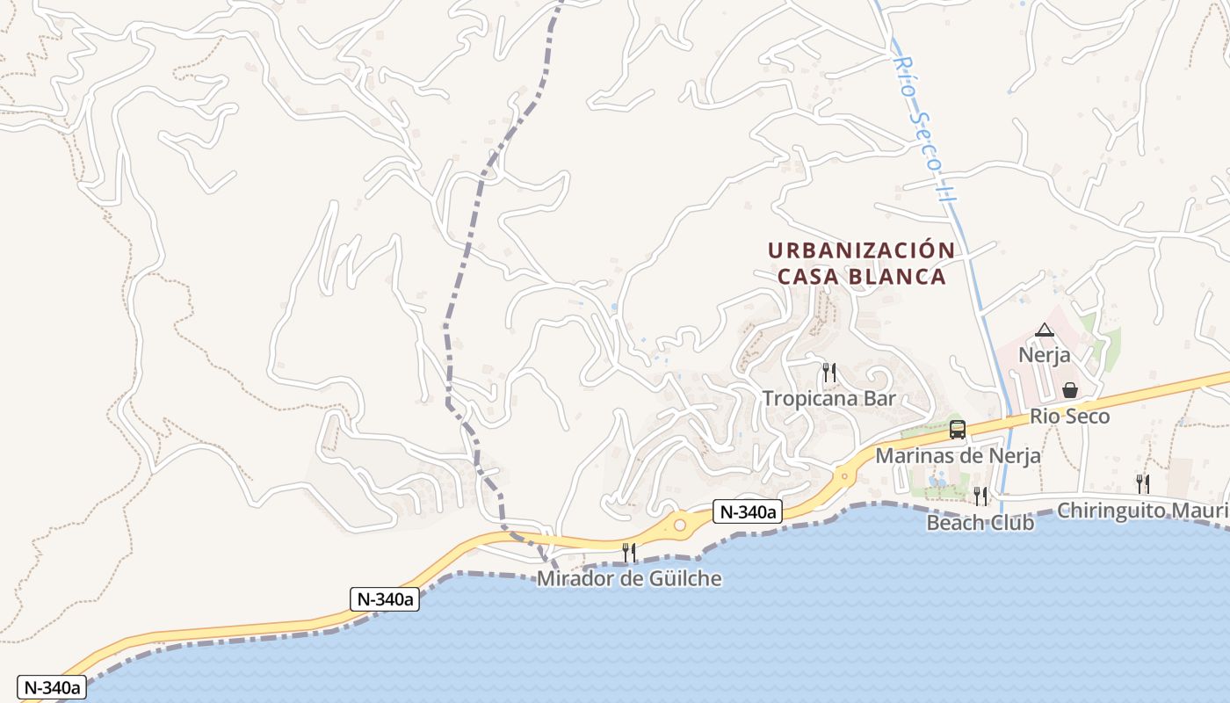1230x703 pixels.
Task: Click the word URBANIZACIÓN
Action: click(x=861, y=250)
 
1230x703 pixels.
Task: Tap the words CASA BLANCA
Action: click(x=861, y=277)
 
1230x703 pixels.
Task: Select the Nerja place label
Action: click(x=1044, y=355)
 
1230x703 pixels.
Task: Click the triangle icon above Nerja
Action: click(x=1044, y=330)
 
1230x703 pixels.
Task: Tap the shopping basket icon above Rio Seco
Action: click(x=1069, y=390)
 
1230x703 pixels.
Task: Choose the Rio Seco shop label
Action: click(x=1069, y=417)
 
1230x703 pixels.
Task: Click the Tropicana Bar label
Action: click(x=828, y=398)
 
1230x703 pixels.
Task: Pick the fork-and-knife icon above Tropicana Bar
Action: click(x=828, y=373)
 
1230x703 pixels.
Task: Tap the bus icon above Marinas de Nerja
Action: click(x=958, y=430)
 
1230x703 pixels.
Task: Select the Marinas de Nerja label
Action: click(x=958, y=456)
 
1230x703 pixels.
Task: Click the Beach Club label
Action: click(x=980, y=523)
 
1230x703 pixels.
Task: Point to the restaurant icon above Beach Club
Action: click(x=980, y=496)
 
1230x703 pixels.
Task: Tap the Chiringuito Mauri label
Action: click(x=1142, y=511)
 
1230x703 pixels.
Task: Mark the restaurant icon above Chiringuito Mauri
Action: click(x=1142, y=482)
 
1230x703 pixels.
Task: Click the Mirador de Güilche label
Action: click(x=629, y=578)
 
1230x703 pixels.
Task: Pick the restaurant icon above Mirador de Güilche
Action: click(x=629, y=552)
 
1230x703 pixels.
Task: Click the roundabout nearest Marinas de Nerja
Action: click(x=843, y=476)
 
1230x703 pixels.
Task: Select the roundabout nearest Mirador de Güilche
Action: click(x=679, y=525)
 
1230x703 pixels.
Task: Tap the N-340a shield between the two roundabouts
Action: click(x=747, y=511)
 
